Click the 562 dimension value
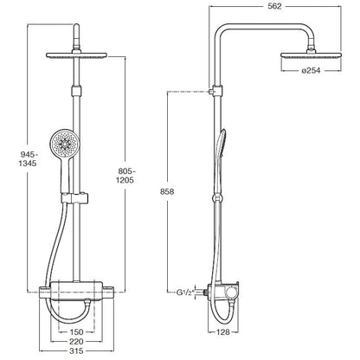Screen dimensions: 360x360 274,6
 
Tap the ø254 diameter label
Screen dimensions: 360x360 311,70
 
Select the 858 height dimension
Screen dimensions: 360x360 167,191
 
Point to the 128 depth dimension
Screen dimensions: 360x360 223,332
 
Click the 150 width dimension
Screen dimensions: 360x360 76,332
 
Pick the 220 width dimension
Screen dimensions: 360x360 76,342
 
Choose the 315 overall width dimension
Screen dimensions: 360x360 76,350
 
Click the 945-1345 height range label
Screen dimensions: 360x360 28,158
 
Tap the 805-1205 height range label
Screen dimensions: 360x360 125,176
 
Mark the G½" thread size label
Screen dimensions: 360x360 184,292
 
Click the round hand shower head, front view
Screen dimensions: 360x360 64,144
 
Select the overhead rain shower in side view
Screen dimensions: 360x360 312,55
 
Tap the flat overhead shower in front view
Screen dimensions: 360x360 76,55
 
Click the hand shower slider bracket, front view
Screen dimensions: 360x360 74,198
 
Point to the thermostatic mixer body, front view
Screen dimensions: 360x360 76,292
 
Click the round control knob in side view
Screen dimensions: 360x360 231,292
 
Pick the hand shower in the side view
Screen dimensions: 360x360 221,162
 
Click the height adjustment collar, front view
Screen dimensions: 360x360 76,91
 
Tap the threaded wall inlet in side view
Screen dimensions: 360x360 206,292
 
